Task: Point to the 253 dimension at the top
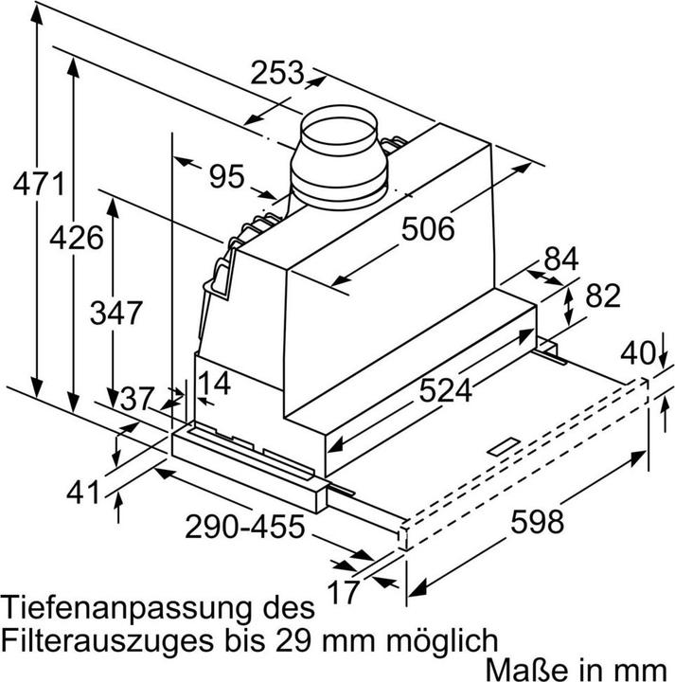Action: tap(278, 73)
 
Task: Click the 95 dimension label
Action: tap(226, 176)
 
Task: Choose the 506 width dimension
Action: tap(428, 228)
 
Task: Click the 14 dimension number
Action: tap(215, 384)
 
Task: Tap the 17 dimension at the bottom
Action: tap(343, 592)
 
